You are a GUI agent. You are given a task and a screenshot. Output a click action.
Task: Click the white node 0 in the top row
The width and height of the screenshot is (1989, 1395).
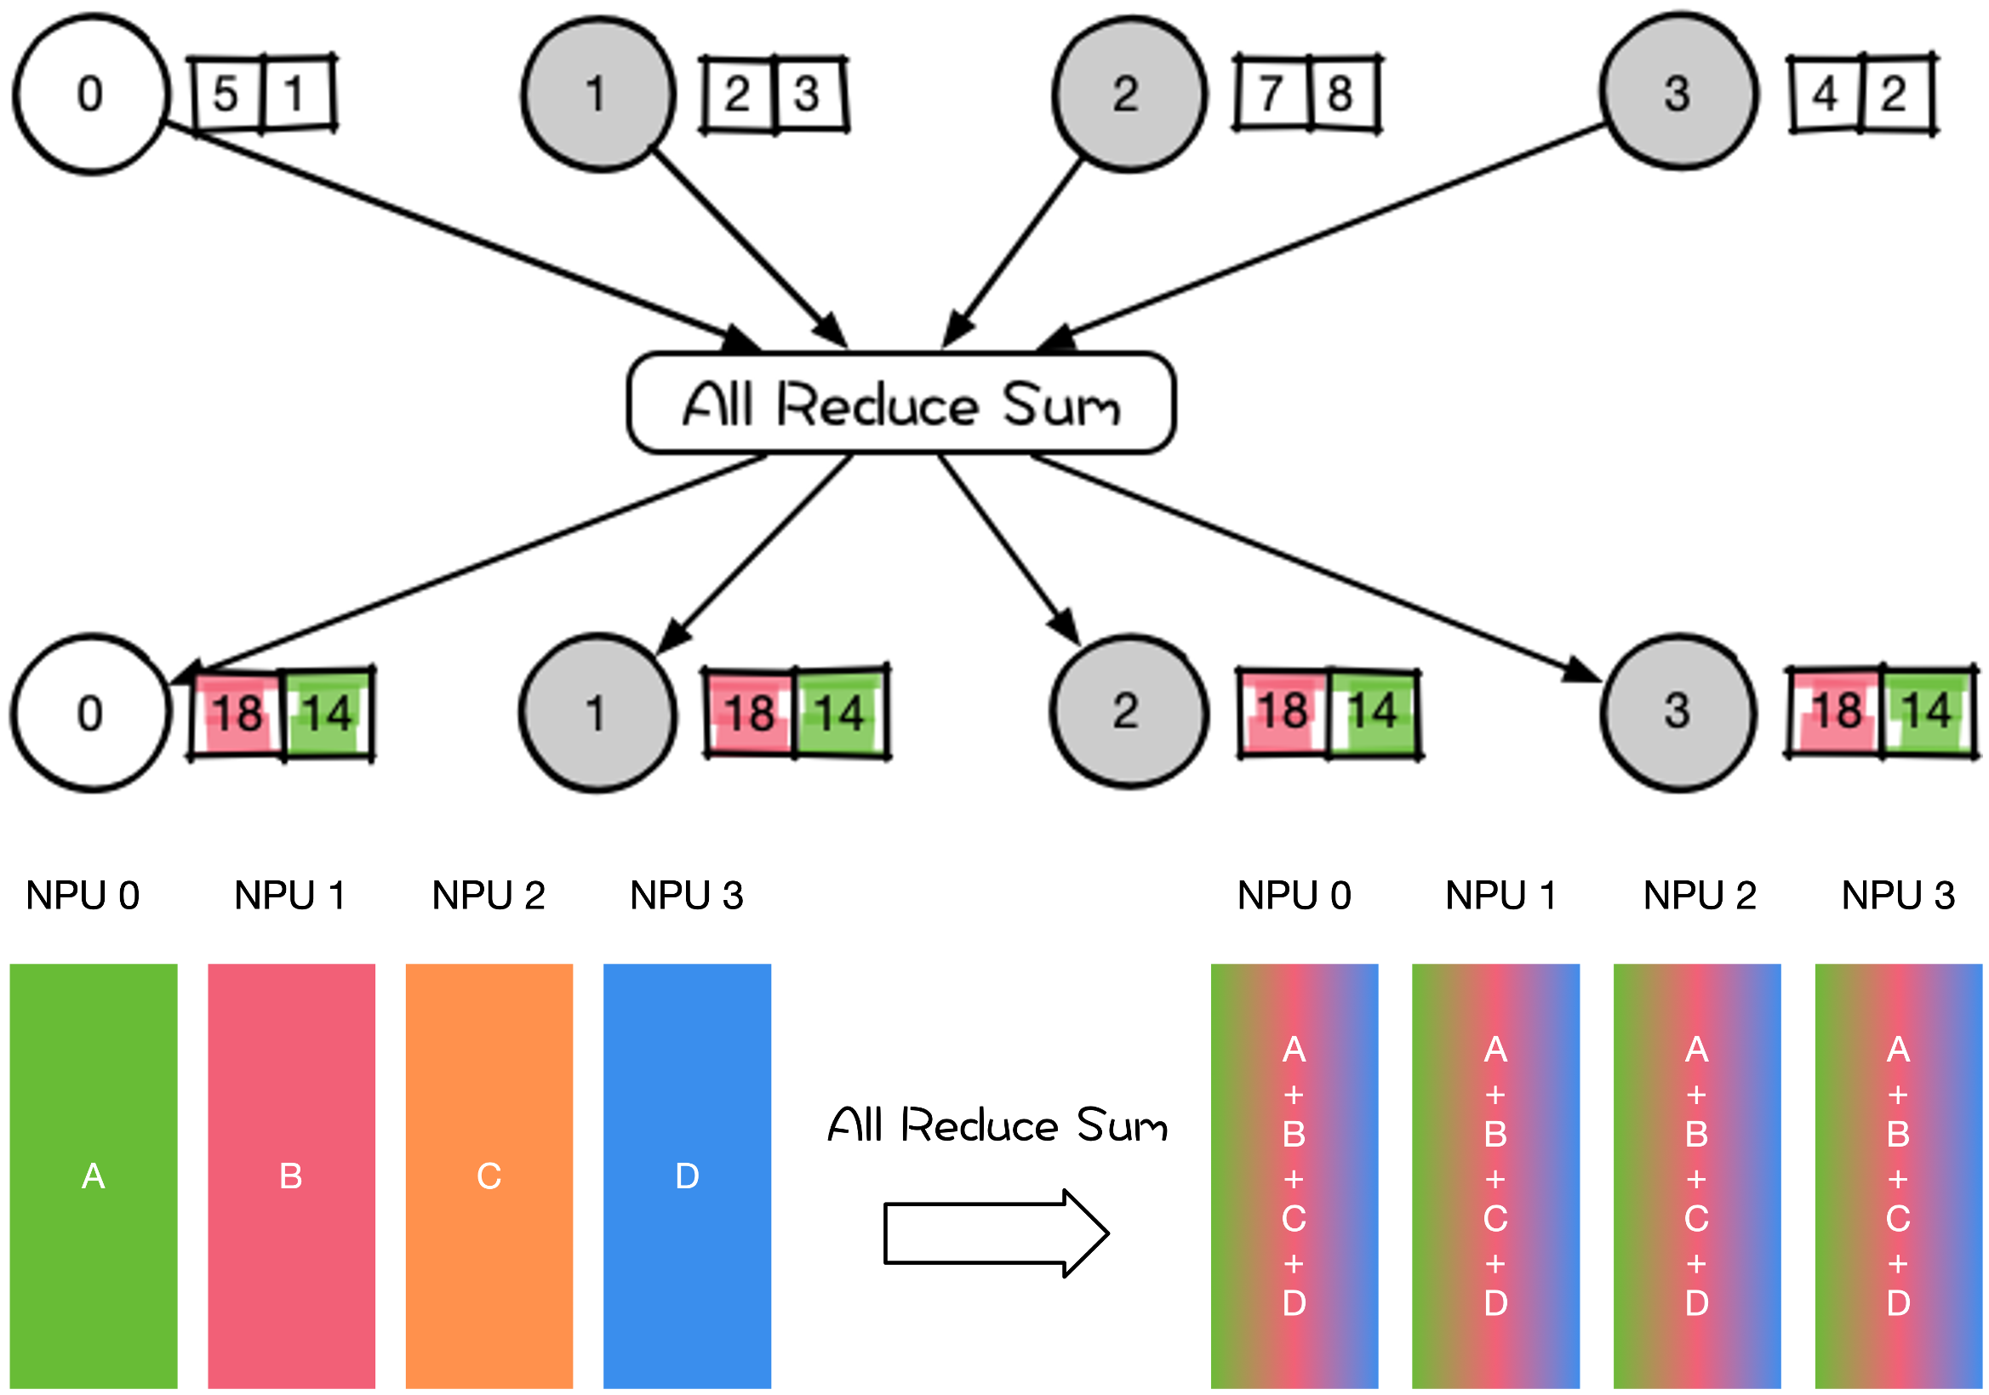pyautogui.click(x=90, y=94)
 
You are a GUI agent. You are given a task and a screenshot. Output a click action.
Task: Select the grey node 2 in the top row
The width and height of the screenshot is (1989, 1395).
pyautogui.click(x=1129, y=94)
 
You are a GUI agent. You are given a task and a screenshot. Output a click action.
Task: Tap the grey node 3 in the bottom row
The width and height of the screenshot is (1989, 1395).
pyautogui.click(x=1678, y=712)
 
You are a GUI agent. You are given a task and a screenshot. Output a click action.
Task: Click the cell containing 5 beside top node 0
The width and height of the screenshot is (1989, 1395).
pyautogui.click(x=227, y=94)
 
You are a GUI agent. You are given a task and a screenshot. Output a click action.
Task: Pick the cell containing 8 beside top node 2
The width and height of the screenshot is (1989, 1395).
pyautogui.click(x=1344, y=94)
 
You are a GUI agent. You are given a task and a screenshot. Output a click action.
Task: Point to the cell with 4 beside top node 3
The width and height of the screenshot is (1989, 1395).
pyautogui.click(x=1826, y=94)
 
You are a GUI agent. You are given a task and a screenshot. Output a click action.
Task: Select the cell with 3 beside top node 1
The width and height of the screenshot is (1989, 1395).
pyautogui.click(x=809, y=94)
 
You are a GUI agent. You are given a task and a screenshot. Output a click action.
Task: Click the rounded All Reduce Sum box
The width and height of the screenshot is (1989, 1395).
pyautogui.click(x=901, y=403)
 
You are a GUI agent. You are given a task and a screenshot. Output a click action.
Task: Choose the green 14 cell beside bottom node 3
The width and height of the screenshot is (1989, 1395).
pyautogui.click(x=1927, y=712)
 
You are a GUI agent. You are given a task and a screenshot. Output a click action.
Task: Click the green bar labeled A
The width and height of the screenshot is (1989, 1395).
pyautogui.click(x=94, y=1176)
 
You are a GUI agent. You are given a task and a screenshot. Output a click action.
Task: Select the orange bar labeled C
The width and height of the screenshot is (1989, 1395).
pyautogui.click(x=489, y=1176)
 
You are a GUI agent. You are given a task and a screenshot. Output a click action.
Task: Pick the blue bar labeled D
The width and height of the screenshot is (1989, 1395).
pyautogui.click(x=687, y=1176)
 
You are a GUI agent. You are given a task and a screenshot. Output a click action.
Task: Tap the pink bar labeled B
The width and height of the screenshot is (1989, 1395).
pyautogui.click(x=291, y=1176)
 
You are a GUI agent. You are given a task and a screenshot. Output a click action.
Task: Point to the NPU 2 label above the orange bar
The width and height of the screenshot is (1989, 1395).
pyautogui.click(x=489, y=896)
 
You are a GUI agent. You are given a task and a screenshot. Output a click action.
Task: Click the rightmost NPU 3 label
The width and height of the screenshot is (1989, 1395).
pyautogui.click(x=1898, y=896)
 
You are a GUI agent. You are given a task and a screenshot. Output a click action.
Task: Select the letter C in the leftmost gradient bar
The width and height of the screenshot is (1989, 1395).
pyautogui.click(x=1294, y=1218)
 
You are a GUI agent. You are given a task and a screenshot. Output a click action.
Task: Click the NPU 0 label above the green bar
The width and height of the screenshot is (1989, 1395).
pyautogui.click(x=83, y=896)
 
